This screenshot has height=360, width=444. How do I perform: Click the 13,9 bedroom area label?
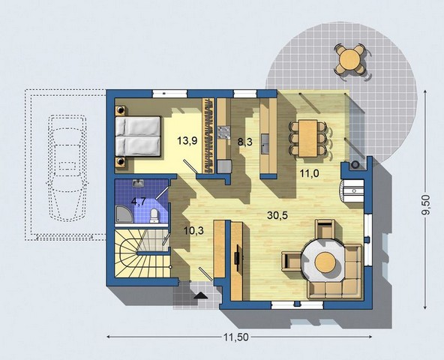click(187, 140)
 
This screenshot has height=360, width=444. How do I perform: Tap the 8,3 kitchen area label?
click(244, 142)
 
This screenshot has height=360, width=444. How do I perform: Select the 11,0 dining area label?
click(310, 172)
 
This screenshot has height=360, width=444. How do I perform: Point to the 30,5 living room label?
click(277, 215)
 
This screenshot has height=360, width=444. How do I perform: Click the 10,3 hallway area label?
click(193, 230)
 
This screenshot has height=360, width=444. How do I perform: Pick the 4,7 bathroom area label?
click(139, 202)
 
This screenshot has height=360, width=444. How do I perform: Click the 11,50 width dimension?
click(235, 337)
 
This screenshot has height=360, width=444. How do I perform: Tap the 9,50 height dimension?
click(426, 205)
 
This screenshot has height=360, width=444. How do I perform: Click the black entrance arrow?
click(201, 295)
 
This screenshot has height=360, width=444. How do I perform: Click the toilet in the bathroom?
click(154, 215)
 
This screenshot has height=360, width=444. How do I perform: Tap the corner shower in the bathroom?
click(124, 213)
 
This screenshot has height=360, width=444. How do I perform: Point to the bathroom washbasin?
click(138, 183)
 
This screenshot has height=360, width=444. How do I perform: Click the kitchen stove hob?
click(223, 133)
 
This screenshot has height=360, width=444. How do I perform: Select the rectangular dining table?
click(307, 138)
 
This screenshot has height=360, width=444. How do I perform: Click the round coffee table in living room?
click(325, 262)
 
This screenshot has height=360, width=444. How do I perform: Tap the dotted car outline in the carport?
click(67, 168)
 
